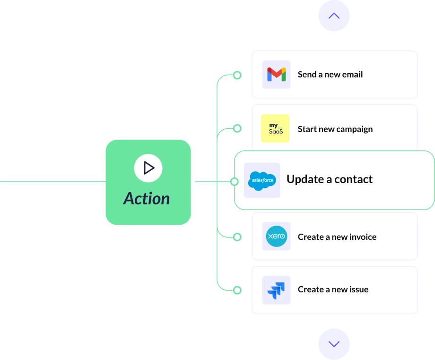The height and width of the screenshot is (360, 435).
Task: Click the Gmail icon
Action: point(276,74)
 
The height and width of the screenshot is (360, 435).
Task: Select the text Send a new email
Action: point(330,74)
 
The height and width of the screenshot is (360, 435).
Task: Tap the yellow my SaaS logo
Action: point(275,129)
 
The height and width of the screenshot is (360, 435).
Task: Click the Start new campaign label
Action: point(335,129)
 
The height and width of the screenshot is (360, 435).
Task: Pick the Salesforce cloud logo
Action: point(262,180)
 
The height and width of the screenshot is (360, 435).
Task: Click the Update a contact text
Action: point(329,179)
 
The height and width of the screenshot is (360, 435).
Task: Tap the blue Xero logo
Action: point(276,237)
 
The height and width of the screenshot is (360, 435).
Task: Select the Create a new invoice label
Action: point(337,237)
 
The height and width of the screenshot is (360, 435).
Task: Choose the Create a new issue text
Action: point(333,290)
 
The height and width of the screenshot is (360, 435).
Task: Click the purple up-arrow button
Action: point(334,16)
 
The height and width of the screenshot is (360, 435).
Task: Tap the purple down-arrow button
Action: point(334,344)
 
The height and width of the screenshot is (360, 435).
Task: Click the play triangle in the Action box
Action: point(148,168)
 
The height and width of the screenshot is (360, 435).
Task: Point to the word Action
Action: point(147,199)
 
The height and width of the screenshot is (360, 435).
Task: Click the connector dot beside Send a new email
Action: point(237,75)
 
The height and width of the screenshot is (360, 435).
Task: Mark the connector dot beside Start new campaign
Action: point(237,128)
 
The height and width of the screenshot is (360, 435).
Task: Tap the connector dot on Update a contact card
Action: point(235,182)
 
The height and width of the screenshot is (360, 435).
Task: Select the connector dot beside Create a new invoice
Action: point(237,237)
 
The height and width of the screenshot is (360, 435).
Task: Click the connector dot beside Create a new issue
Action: point(237,290)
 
